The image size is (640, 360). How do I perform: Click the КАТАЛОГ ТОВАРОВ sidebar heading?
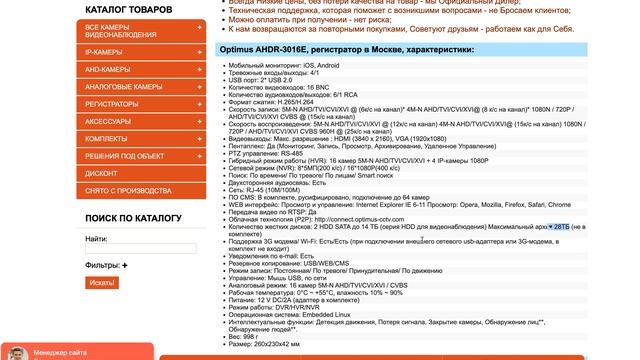(129, 9)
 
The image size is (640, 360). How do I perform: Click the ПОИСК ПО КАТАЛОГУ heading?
(133, 218)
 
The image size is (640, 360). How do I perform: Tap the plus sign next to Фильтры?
(126, 265)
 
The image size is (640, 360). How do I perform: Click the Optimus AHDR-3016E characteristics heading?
(347, 48)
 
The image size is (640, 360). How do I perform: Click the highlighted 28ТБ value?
(583, 227)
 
